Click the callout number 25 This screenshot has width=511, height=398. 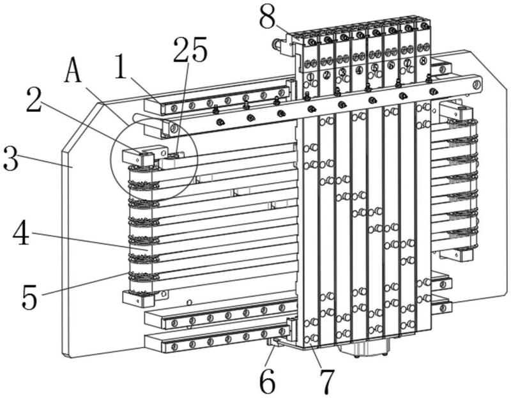(x=190, y=49)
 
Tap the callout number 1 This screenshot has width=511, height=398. (x=121, y=67)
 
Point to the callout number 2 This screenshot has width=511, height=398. (x=34, y=100)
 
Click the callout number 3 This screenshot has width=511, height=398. (x=10, y=158)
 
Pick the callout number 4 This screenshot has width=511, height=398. (x=21, y=233)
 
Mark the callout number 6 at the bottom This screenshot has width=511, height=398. (x=268, y=381)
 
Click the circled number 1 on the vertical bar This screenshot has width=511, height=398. (x=310, y=77)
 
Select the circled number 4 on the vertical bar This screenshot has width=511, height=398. (x=359, y=70)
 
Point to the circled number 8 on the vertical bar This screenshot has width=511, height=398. (x=423, y=60)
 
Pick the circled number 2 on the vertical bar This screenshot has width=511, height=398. (x=326, y=75)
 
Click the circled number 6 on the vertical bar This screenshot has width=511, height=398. (x=391, y=65)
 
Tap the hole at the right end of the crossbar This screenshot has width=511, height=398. (x=476, y=86)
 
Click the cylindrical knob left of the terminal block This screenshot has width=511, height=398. (x=277, y=44)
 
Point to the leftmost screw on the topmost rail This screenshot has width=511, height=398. (x=174, y=107)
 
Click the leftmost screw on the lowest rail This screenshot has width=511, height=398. (x=174, y=347)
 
